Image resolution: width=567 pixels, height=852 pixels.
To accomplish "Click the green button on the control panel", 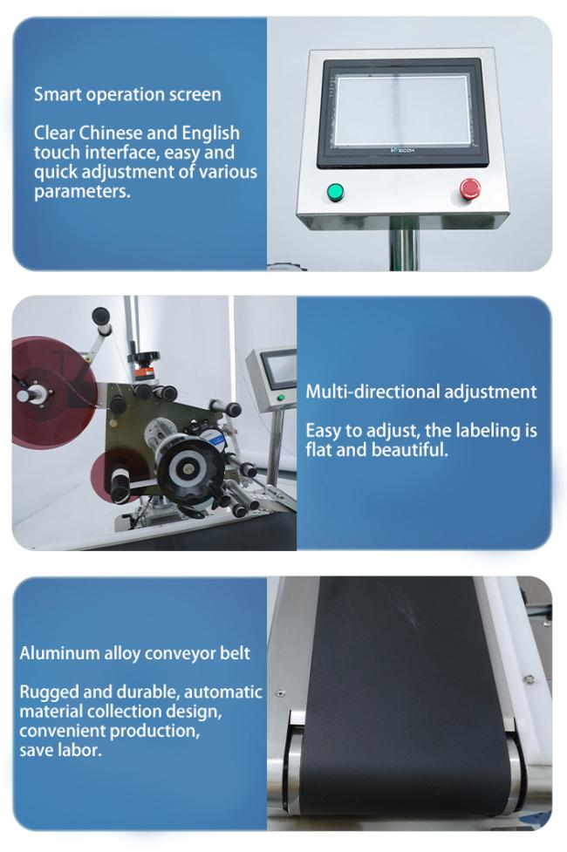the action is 336,192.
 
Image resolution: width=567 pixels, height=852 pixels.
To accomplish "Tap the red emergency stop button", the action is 469,188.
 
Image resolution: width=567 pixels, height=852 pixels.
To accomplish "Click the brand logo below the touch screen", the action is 403,149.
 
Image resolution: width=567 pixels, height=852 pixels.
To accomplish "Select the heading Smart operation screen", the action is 127,94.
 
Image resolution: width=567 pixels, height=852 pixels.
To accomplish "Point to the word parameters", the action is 82,192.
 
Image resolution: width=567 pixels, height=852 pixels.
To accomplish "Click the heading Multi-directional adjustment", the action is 420,392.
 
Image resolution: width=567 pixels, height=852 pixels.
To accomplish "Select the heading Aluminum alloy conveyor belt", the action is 135,653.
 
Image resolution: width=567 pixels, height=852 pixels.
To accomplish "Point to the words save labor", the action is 60,750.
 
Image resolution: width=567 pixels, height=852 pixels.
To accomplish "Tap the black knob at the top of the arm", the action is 100,316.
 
